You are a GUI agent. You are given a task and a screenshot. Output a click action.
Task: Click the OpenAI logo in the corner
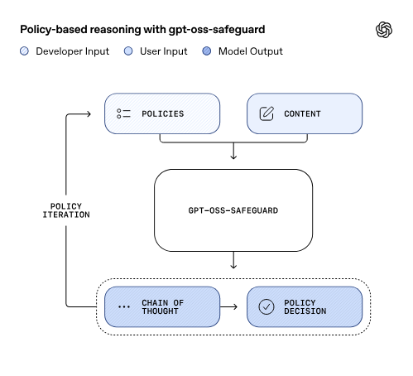tap(384, 30)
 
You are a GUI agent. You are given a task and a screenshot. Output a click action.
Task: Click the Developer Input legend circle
tap(24, 51)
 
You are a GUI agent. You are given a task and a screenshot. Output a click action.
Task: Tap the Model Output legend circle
tap(207, 51)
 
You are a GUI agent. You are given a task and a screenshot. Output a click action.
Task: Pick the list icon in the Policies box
tap(124, 113)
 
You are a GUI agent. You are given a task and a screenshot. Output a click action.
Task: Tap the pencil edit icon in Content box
tap(267, 113)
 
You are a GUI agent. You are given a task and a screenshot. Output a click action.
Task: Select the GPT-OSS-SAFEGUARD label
tap(233, 210)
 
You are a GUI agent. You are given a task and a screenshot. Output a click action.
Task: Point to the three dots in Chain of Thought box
tap(124, 307)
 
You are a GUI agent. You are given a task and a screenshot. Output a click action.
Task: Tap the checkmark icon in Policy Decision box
tap(267, 307)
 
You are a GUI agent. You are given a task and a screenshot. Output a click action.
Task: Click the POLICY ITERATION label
tap(66, 210)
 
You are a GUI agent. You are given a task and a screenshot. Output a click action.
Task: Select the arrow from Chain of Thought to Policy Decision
tap(233, 307)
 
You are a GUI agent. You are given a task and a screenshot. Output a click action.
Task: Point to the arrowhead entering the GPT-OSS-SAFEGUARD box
tap(233, 156)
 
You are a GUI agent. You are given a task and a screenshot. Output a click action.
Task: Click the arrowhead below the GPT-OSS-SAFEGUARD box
tap(233, 265)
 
